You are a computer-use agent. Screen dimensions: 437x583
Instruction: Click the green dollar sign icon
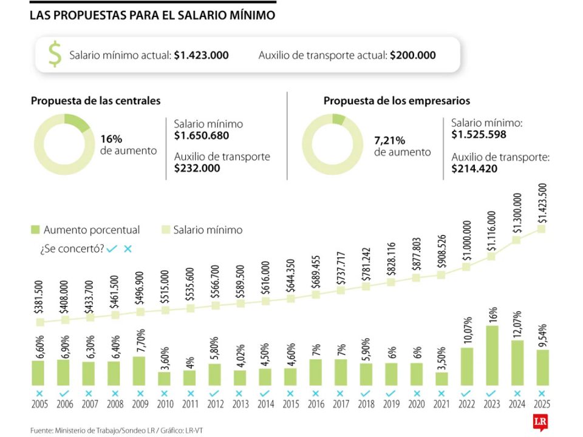click(x=55, y=55)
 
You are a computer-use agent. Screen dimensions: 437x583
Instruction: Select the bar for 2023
click(x=493, y=356)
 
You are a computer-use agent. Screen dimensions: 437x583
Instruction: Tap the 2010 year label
click(x=164, y=404)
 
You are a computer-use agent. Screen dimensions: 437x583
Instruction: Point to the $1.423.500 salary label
click(x=542, y=203)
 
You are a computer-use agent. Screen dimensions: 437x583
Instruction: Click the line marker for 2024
click(x=517, y=240)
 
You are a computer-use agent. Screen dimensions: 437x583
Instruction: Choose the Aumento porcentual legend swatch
click(x=35, y=230)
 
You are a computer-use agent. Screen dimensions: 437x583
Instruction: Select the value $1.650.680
click(x=202, y=136)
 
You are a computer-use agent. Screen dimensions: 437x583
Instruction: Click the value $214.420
click(x=474, y=169)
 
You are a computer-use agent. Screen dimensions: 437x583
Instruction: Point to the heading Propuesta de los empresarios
click(x=397, y=101)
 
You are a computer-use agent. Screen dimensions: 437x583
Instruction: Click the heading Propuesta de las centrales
click(x=96, y=101)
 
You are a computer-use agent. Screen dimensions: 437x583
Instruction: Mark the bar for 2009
click(x=139, y=371)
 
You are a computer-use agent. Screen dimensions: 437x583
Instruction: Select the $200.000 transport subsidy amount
click(x=413, y=55)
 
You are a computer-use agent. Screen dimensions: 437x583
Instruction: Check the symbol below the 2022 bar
click(x=466, y=393)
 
